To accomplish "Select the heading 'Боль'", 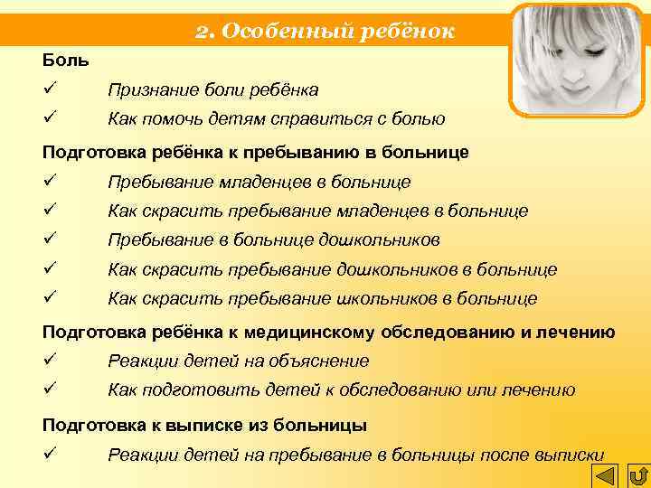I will [66, 61].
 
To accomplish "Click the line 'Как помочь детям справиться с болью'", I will [276, 118].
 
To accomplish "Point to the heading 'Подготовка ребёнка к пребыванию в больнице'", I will [256, 152].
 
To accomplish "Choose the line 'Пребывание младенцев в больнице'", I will [259, 183].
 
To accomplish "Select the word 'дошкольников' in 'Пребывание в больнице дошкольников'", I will [381, 240].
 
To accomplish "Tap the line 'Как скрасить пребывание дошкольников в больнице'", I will [332, 269].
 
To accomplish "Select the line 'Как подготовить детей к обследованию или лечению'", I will [341, 390].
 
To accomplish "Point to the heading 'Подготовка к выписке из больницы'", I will [204, 425].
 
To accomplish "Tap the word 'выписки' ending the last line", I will [571, 455].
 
